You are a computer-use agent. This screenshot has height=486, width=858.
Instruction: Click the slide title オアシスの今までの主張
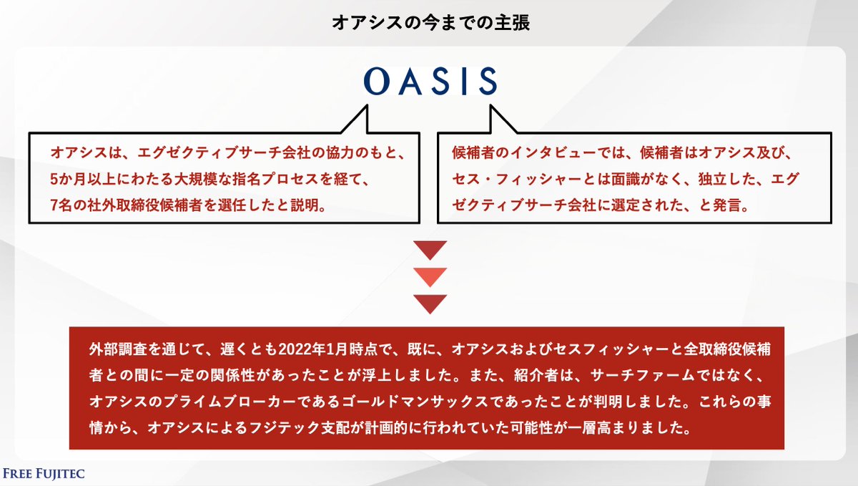430,22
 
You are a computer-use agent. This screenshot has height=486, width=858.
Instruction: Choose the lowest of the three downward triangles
430,303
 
